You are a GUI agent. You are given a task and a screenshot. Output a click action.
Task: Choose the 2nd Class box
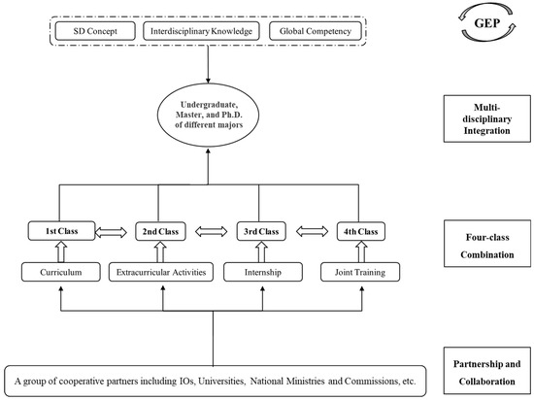point(161,233)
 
